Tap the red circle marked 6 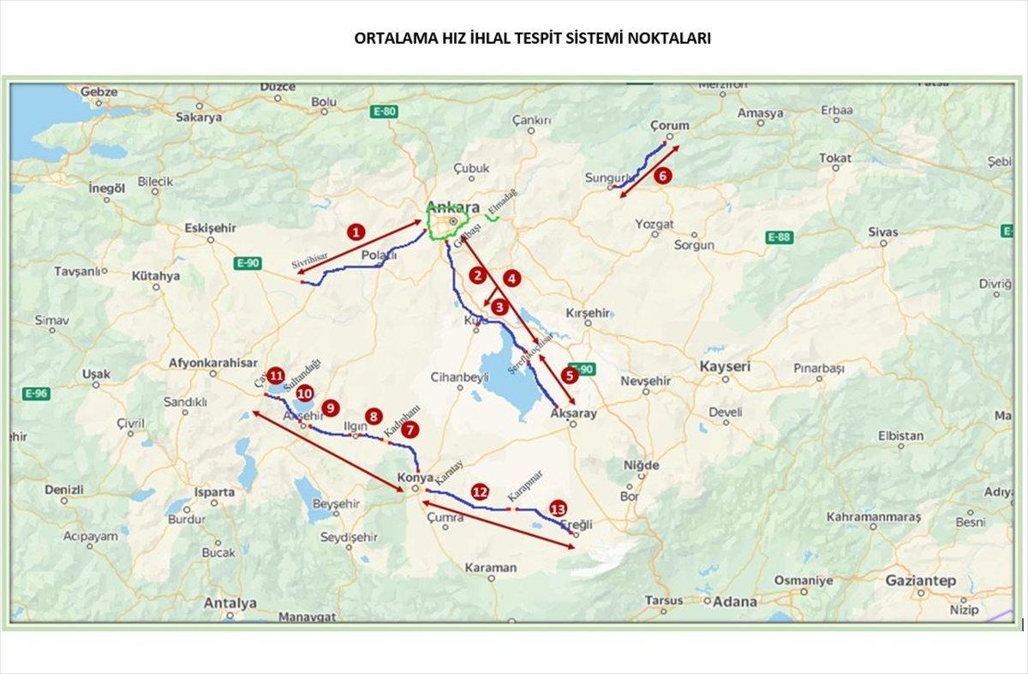coord(660,176)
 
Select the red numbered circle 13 coord(559,509)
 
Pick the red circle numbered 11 coord(275,376)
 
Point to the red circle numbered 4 coord(511,278)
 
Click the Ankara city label coord(452,208)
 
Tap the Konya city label coord(415,478)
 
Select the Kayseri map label coord(725,366)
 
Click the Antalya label coord(230,603)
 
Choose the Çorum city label coord(669,125)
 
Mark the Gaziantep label coord(920,581)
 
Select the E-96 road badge coord(35,394)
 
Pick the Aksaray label coord(573,413)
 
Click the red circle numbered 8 coord(373,416)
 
